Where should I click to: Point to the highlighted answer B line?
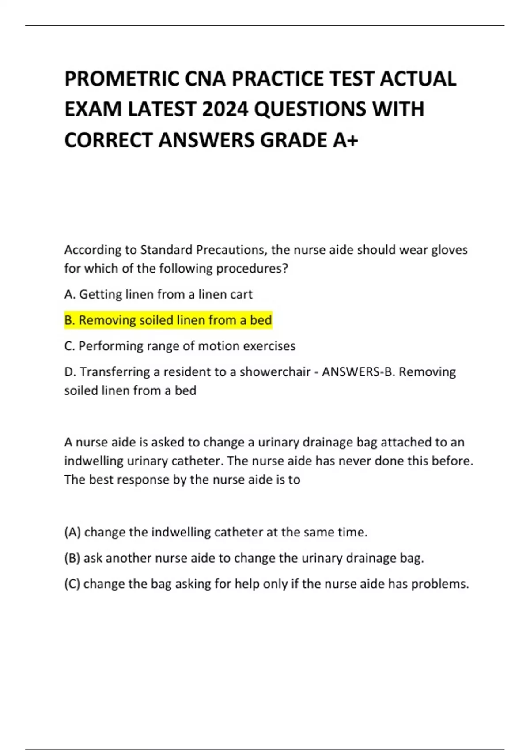point(168,320)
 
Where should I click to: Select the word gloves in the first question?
point(449,250)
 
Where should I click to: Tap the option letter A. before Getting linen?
point(70,294)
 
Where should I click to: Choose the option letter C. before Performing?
point(70,346)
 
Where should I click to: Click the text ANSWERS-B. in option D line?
point(358,372)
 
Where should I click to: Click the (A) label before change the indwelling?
point(72,532)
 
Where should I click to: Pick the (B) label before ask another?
point(72,558)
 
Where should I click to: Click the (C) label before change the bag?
point(72,584)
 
